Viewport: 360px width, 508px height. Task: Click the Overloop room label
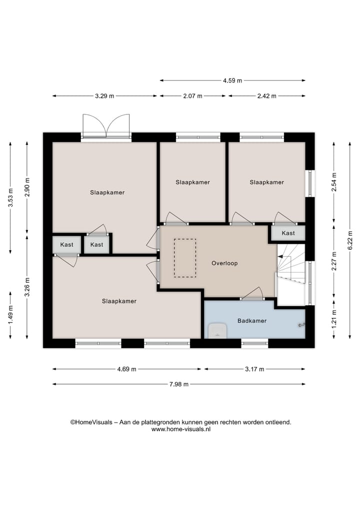click(x=224, y=263)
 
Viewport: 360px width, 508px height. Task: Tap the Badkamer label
click(x=251, y=321)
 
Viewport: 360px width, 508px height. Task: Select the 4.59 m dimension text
click(x=232, y=80)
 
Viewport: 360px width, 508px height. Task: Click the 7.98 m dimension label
click(x=178, y=384)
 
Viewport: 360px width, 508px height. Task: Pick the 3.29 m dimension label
click(x=104, y=96)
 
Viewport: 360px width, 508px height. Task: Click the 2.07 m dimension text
click(x=192, y=96)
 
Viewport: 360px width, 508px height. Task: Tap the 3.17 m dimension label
click(x=254, y=369)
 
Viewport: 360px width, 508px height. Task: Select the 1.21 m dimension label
click(x=334, y=319)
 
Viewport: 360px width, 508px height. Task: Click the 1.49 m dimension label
click(x=10, y=315)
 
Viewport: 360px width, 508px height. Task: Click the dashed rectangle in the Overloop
click(x=184, y=258)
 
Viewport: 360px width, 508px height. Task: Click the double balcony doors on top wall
click(x=106, y=125)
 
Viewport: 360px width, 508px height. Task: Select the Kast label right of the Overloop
click(x=288, y=233)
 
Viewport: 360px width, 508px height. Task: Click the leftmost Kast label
click(x=67, y=245)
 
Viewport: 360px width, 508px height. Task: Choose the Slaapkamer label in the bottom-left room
click(x=119, y=301)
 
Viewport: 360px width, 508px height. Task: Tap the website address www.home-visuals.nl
click(x=180, y=429)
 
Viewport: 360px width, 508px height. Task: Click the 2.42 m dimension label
click(x=266, y=96)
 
